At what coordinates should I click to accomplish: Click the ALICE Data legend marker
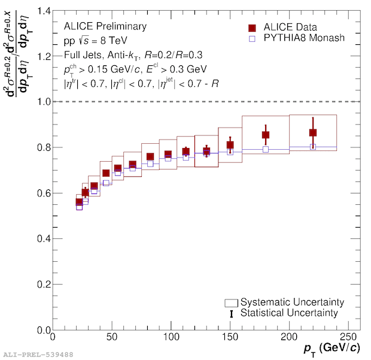point(252,28)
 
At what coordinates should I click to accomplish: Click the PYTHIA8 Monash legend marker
point(252,38)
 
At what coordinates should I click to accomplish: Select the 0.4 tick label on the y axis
point(43,239)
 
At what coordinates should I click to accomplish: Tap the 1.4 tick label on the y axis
point(43,11)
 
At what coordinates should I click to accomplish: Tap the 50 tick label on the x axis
point(112,337)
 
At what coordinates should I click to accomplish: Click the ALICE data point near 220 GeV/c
point(313,133)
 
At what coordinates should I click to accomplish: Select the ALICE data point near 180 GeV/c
point(266,135)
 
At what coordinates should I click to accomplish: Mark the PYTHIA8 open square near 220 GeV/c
point(313,147)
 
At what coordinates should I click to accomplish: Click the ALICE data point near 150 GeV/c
point(230,145)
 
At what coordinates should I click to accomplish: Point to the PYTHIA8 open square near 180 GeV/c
point(266,149)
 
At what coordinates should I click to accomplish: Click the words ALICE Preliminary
point(105,26)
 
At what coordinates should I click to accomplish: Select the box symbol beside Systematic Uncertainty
point(232,302)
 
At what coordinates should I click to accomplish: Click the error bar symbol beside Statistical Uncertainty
point(232,313)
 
